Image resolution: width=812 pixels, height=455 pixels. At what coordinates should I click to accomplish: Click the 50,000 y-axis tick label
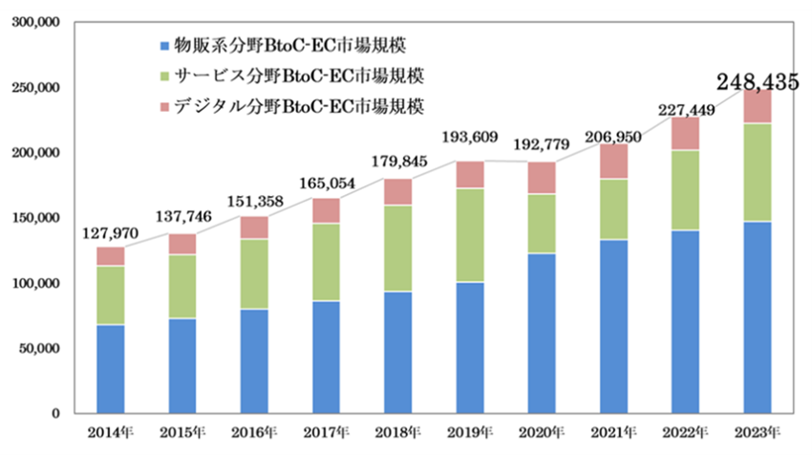point(39,349)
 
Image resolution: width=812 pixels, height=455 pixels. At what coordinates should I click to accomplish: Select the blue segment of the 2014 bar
point(110,369)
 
